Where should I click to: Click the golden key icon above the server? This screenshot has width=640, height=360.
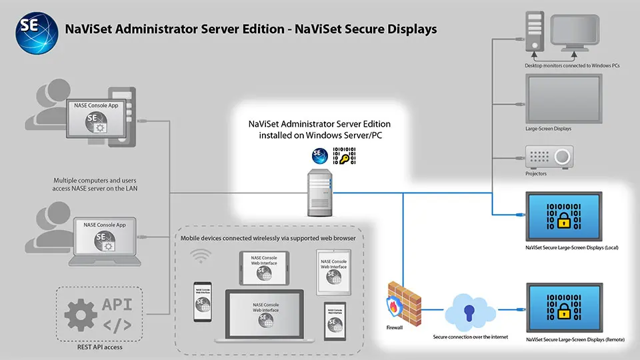pos(344,158)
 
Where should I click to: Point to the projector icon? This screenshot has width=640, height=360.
pos(549,157)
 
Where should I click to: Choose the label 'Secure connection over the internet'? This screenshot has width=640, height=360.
pos(470,338)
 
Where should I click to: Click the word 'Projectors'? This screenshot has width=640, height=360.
pos(536,173)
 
